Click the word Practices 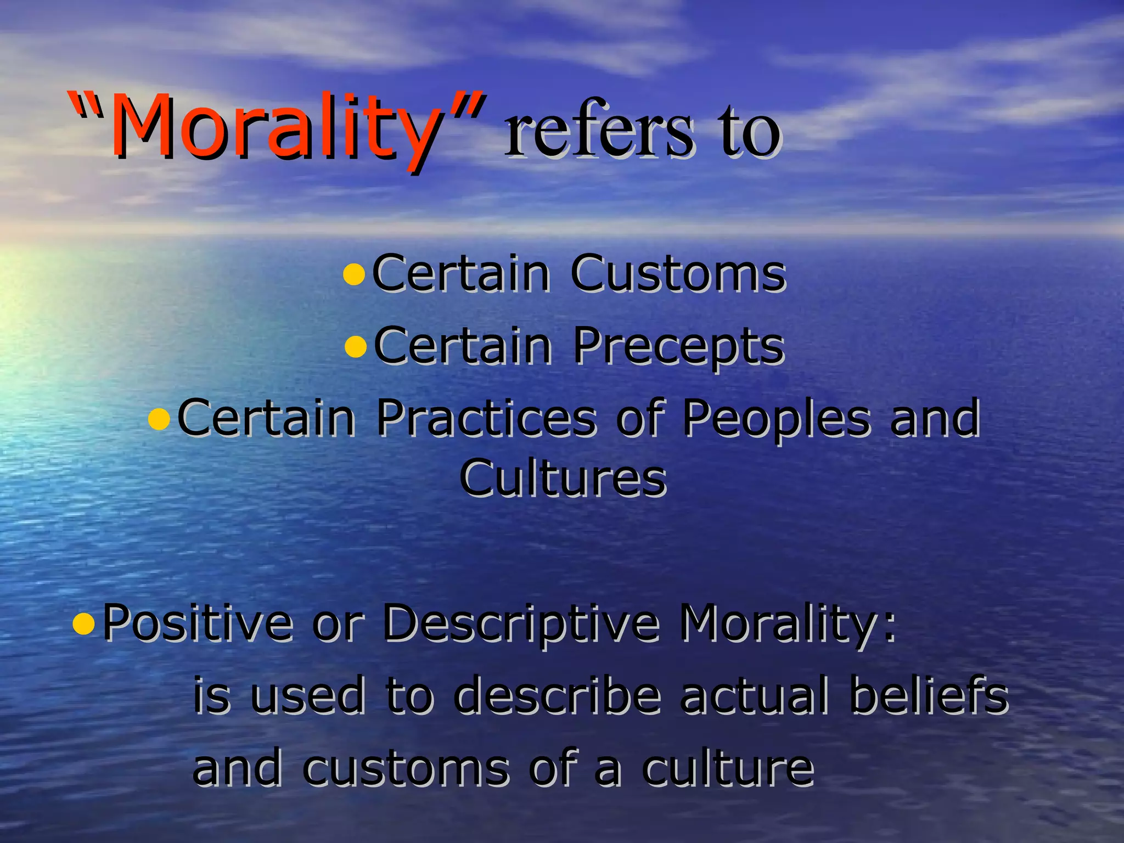tap(486, 418)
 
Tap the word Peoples tap(776, 418)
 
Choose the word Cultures tap(563, 479)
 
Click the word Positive tap(198, 623)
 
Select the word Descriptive tap(521, 623)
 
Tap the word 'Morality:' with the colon tap(788, 623)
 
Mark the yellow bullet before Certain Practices tap(159, 419)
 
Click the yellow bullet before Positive tap(83, 624)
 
